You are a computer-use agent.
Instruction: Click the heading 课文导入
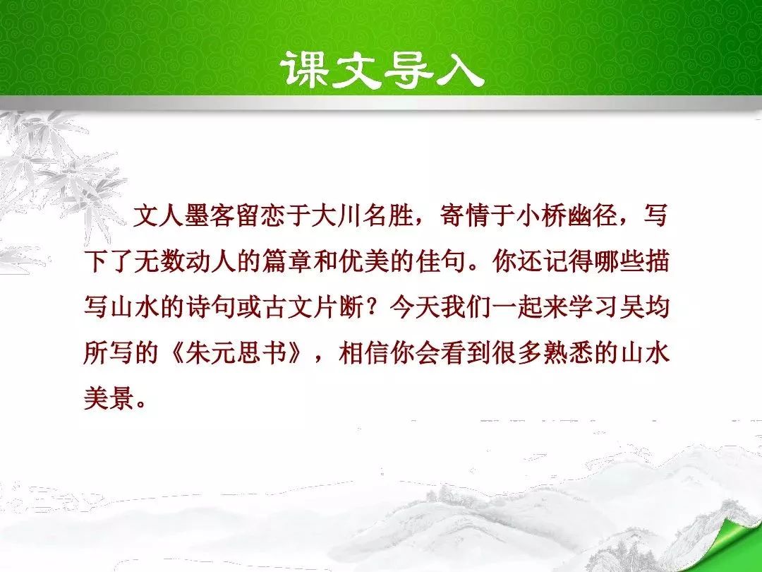[x=383, y=69]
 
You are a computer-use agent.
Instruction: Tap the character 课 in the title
[x=306, y=69]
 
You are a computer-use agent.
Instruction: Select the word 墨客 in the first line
[x=210, y=215]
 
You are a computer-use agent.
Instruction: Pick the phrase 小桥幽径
[x=567, y=215]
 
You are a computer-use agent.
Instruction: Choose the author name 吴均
[x=644, y=307]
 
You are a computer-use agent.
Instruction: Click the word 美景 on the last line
[x=109, y=399]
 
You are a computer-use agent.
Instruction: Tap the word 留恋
[x=262, y=215]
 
